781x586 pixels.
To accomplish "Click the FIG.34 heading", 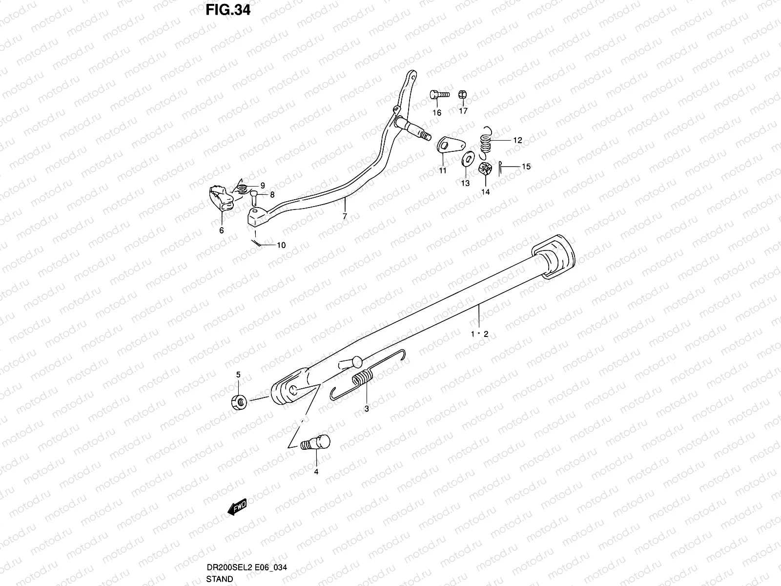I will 228,9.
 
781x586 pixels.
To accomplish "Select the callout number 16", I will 436,113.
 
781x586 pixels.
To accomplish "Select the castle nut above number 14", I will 485,170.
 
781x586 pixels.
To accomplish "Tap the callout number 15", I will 526,167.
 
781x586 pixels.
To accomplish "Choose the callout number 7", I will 345,216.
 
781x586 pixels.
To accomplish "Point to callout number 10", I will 281,245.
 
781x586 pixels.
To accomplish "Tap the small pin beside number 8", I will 254,197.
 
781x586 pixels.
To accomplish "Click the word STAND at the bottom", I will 220,579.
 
